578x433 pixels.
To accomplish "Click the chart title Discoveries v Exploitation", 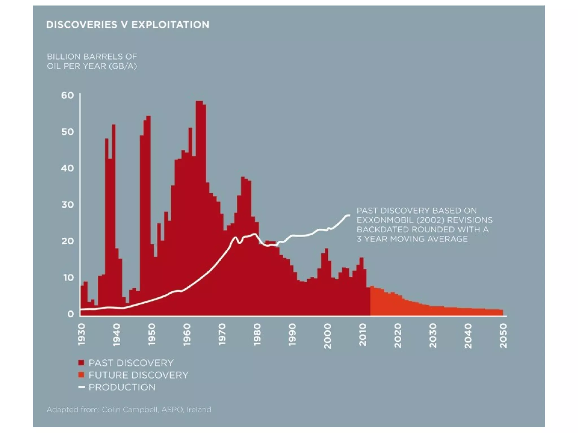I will tap(128, 25).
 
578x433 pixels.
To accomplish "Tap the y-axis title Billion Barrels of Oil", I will tap(92, 61).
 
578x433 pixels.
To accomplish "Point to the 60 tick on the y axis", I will tap(67, 95).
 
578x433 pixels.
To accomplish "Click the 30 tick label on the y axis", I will tap(67, 205).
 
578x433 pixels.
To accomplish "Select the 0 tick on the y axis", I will tap(71, 314).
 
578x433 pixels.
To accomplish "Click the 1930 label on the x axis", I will tap(81, 335).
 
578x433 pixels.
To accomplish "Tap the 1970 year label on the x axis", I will tap(222, 335).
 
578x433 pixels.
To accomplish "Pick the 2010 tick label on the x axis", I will tap(363, 335).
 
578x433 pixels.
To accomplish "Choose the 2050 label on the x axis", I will tap(503, 336).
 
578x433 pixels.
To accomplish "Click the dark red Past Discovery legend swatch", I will tap(81, 363).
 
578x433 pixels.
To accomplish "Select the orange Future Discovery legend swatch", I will tap(81, 375).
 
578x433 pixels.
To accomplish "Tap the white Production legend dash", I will tap(82, 387).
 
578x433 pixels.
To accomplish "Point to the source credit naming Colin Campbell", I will tap(129, 410).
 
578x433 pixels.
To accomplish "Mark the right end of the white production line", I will tap(349, 215).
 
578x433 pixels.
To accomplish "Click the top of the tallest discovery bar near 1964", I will tap(199, 101).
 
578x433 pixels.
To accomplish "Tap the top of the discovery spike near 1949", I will tap(148, 116).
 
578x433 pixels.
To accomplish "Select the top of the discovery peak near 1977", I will tap(243, 177).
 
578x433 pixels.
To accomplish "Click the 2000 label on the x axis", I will tap(327, 336).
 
